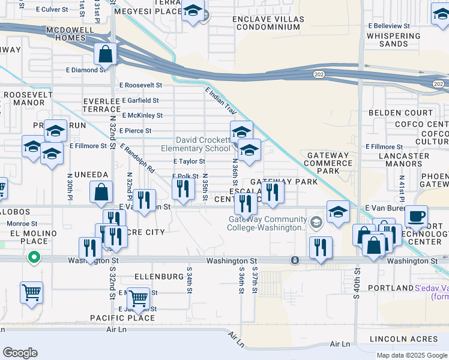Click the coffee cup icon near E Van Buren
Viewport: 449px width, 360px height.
click(416, 215)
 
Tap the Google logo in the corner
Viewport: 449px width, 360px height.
click(20, 353)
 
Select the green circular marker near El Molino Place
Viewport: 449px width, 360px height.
click(34, 258)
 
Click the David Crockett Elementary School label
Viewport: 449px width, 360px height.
click(195, 144)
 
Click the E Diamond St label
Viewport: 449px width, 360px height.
click(86, 70)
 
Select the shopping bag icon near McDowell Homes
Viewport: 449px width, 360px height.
click(106, 54)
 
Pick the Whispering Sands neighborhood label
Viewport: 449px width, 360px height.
click(393, 40)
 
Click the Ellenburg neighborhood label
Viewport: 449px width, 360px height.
click(158, 277)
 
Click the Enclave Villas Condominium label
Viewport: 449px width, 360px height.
click(269, 24)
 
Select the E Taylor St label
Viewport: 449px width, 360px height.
click(189, 161)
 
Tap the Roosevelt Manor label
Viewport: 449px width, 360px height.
click(24, 99)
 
